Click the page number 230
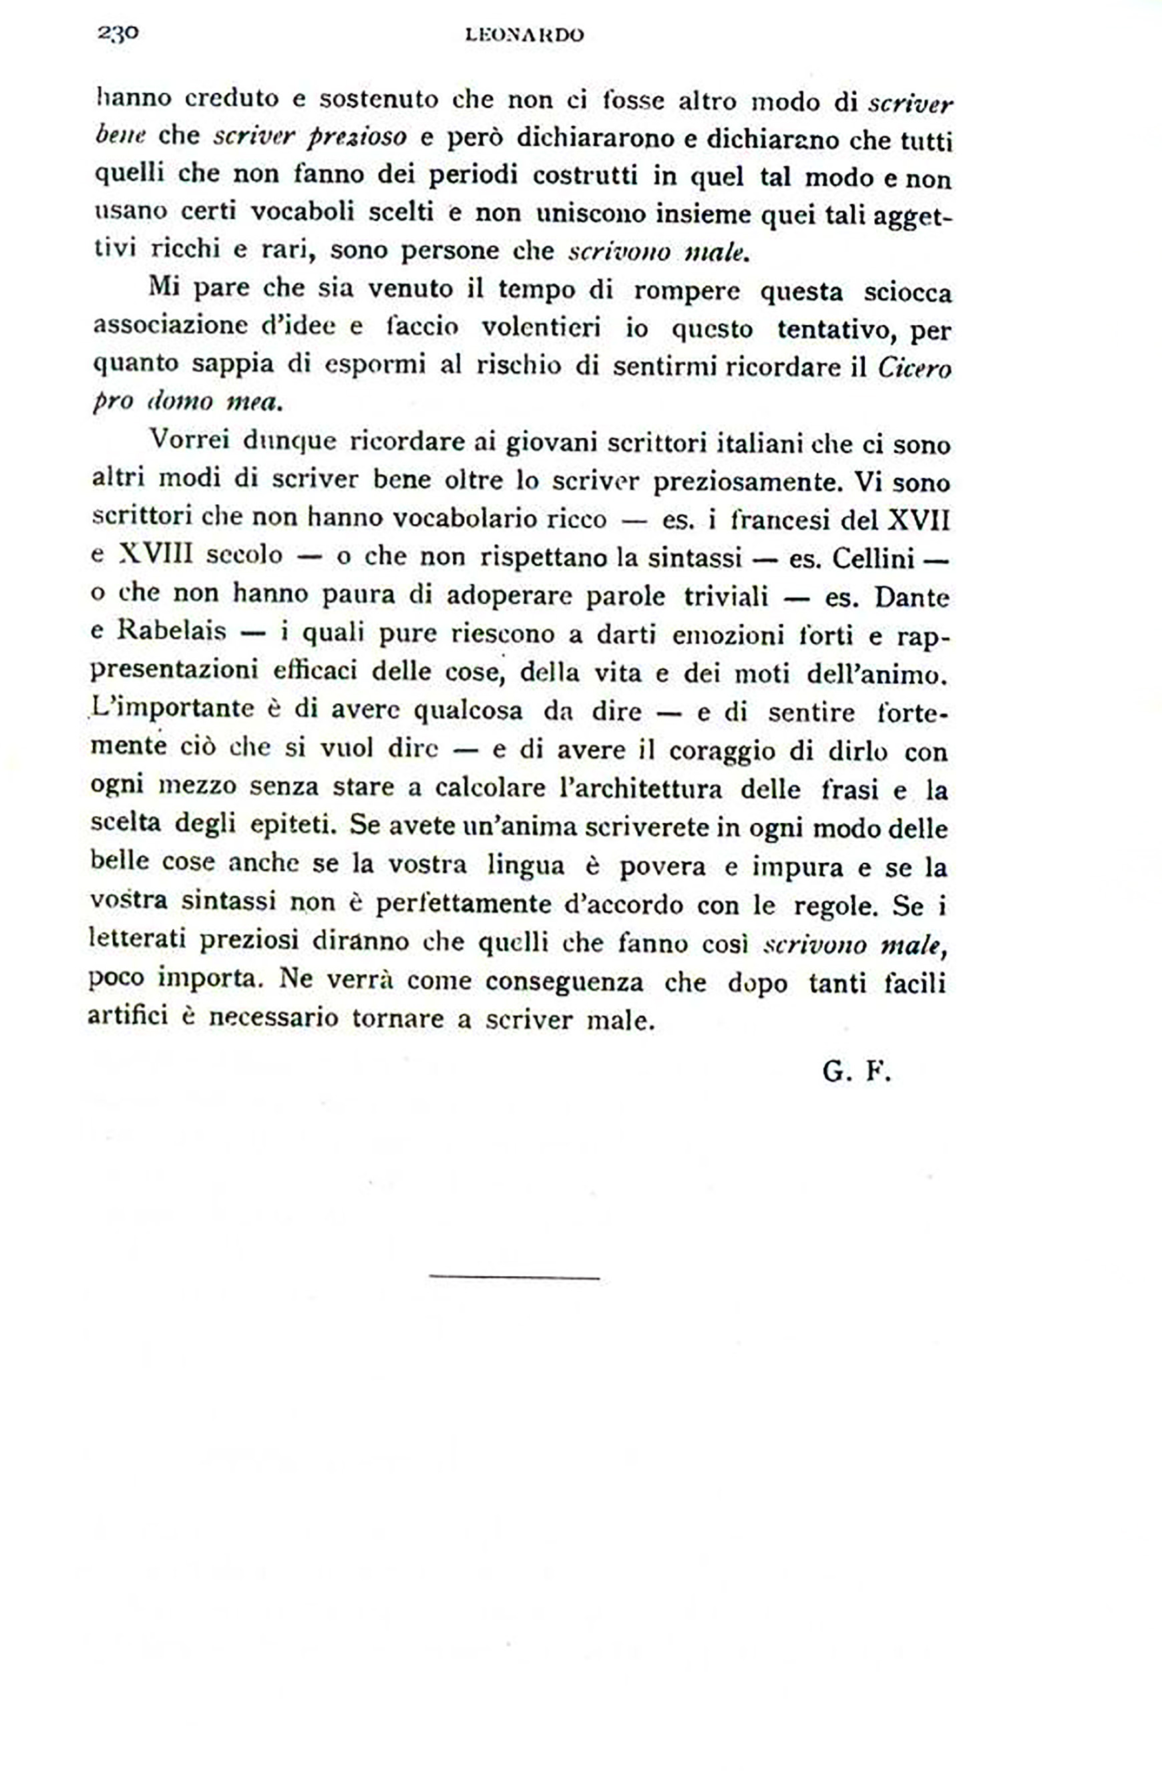tap(117, 33)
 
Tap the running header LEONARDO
tap(524, 35)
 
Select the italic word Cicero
tap(915, 369)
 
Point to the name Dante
tap(912, 597)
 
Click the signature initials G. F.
tap(856, 1072)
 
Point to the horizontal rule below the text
tap(515, 1277)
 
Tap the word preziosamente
tap(749, 482)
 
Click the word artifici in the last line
tap(127, 1016)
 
